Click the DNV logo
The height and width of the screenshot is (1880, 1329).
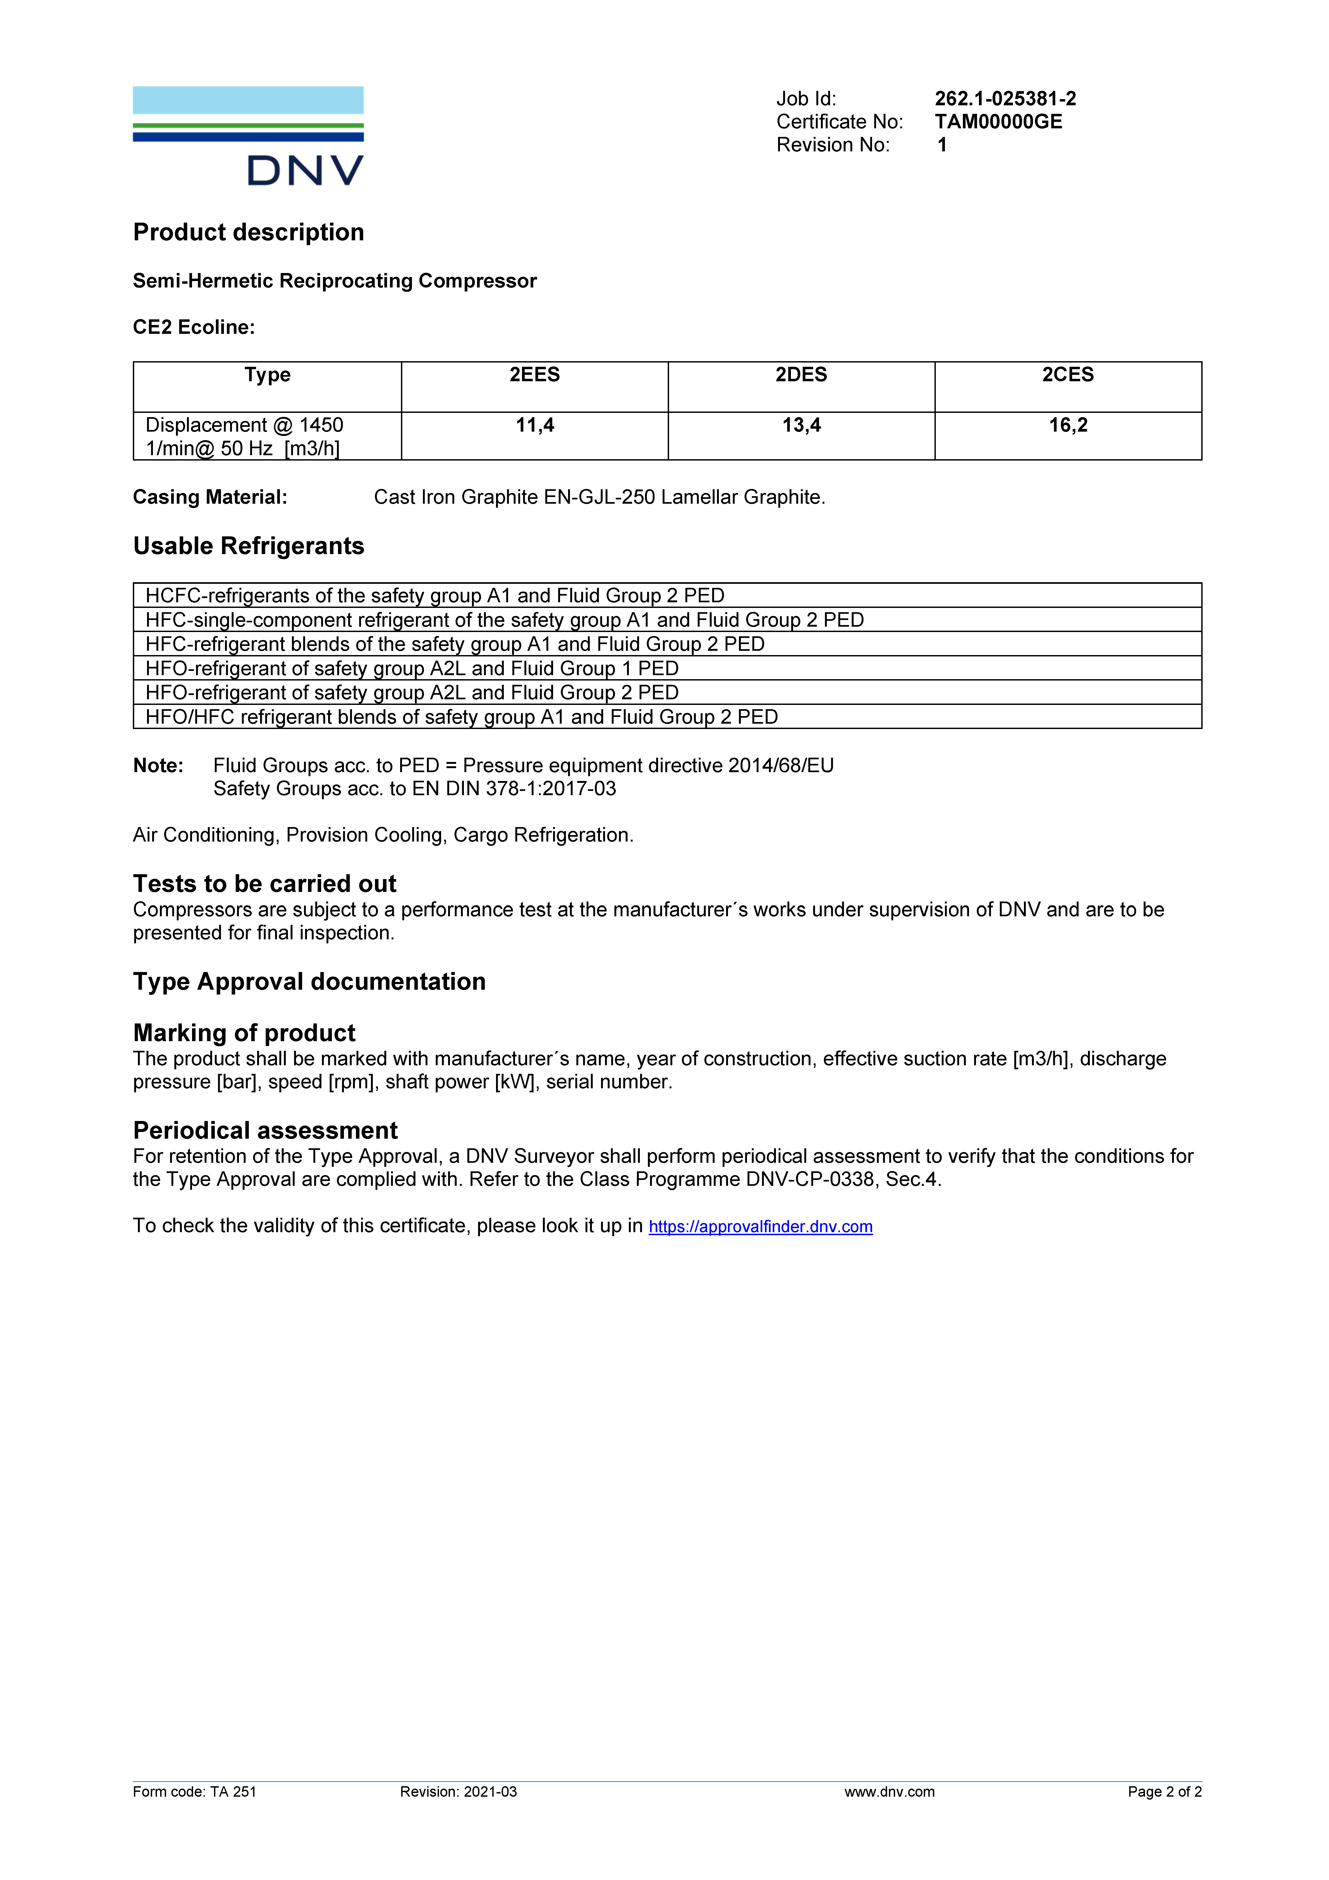248,136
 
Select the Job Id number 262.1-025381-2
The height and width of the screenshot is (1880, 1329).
1005,99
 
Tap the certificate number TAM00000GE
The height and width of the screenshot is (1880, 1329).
998,122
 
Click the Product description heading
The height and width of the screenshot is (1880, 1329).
248,233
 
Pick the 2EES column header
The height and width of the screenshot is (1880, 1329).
534,375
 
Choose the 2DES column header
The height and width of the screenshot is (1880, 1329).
801,375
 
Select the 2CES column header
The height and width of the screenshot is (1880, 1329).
1068,375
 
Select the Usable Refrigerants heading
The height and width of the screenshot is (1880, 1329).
248,546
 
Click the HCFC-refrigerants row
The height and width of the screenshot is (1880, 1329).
434,595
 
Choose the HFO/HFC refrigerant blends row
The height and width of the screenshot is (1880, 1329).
461,717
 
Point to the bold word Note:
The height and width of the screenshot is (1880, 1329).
158,766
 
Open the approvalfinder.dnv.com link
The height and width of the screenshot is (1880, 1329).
760,1227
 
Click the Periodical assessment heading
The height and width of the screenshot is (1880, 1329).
265,1131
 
